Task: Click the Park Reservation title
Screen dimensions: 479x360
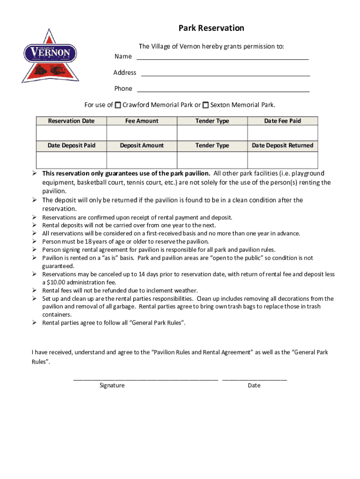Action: coord(211,28)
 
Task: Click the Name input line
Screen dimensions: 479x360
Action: coord(223,57)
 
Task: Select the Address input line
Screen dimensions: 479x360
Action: coord(225,73)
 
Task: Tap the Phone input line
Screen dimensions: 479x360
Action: coord(223,89)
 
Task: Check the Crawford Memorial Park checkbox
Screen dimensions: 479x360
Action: coord(118,105)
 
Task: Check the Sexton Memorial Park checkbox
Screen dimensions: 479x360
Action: coord(206,105)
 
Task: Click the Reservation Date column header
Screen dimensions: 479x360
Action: coord(71,121)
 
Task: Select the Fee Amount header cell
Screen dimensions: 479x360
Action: coord(142,121)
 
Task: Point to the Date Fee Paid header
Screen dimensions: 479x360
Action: coord(282,121)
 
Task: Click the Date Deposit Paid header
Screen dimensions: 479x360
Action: coord(71,145)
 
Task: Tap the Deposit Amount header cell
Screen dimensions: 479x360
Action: coord(142,145)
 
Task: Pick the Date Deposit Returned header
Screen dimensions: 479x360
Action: coord(282,145)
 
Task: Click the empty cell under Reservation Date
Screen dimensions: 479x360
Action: coord(71,133)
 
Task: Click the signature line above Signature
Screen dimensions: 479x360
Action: coord(145,379)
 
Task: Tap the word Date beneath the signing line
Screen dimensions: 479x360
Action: coord(254,385)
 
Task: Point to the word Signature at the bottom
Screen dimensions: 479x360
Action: coord(112,385)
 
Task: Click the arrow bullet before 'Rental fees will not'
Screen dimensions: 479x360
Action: coord(35,290)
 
